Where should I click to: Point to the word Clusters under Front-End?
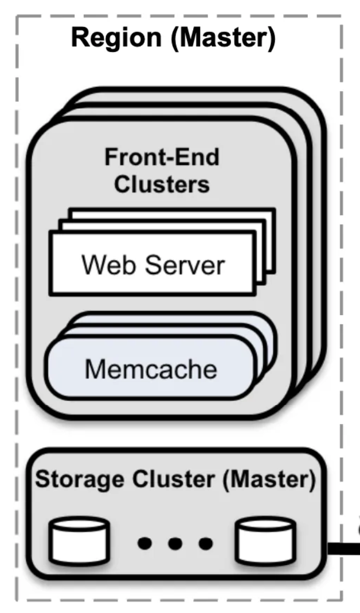(x=162, y=184)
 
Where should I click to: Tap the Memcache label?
(x=151, y=370)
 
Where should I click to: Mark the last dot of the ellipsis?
(x=204, y=543)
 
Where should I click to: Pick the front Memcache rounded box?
(x=151, y=370)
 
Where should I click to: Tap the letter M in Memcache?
(x=94, y=370)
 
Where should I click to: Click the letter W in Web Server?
(x=92, y=265)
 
